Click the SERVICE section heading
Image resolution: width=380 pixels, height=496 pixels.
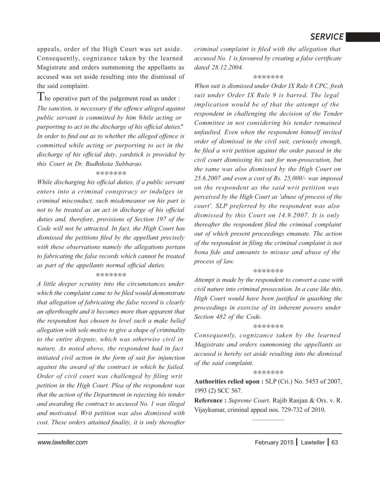pos(327,37)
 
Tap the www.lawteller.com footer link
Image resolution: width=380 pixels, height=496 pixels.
pos(62,443)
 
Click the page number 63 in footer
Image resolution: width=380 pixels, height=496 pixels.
pos(335,443)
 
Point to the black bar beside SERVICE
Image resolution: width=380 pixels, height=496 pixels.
pos(363,37)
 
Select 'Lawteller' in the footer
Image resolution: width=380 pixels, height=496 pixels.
pos(313,443)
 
